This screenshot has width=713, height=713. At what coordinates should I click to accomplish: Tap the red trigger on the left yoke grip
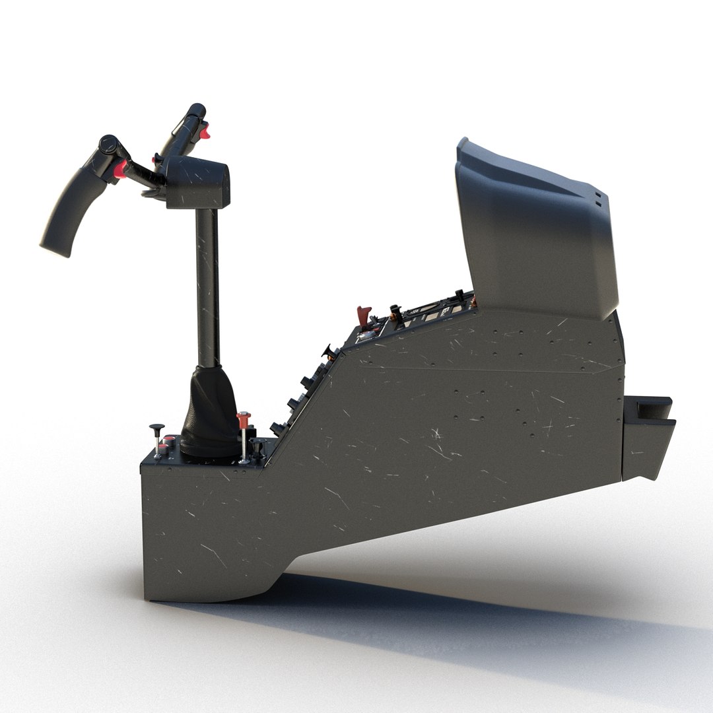pyautogui.click(x=119, y=171)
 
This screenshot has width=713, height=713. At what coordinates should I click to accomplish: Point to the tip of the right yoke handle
pyautogui.click(x=196, y=108)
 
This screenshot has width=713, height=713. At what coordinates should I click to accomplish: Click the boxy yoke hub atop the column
pyautogui.click(x=198, y=183)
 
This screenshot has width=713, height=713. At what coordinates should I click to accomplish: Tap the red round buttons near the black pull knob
pyautogui.click(x=168, y=440)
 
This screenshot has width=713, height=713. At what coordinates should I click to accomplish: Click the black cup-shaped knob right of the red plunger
pyautogui.click(x=258, y=447)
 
